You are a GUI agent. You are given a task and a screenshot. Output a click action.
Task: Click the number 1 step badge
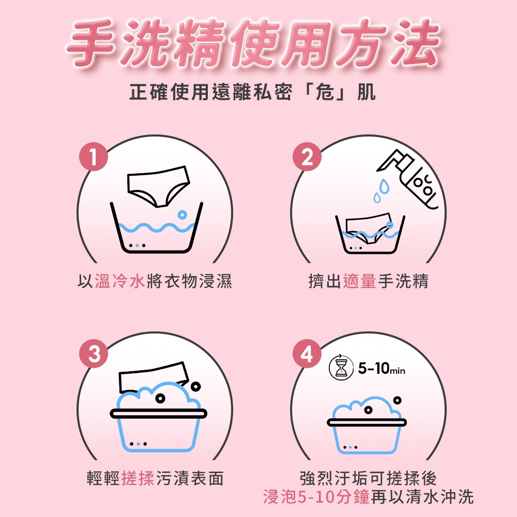pos(94,157)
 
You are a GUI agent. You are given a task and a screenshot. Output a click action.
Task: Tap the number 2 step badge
pos(307,157)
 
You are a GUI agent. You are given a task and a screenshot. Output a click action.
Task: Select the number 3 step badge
pos(94,354)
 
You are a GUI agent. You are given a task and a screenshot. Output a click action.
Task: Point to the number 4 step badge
pos(307,354)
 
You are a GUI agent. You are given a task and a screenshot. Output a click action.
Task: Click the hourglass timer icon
pos(340,368)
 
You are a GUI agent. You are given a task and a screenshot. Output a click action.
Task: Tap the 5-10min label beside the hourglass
pos(382,368)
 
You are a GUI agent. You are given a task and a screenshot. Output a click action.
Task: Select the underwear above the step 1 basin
pos(158,186)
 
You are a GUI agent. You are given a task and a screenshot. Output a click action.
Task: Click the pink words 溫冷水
pos(120,281)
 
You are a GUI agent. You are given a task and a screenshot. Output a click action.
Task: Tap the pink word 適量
pos(360,281)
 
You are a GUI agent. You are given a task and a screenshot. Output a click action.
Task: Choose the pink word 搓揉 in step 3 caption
pos(138,478)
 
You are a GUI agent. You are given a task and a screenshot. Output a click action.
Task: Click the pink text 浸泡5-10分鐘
pos(316,497)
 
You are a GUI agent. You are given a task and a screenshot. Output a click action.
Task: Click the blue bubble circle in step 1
pos(182,215)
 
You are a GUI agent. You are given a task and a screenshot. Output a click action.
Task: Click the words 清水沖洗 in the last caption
pos(439,497)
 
